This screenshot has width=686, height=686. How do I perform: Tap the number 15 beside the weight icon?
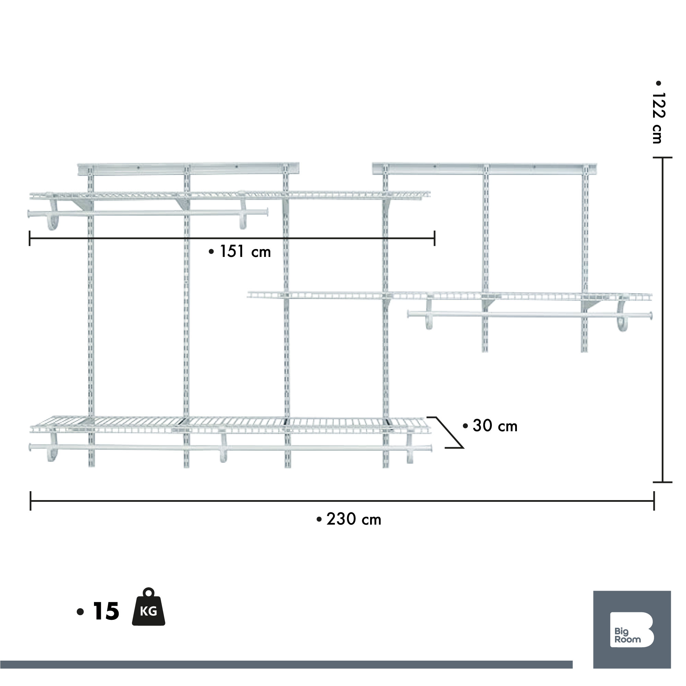106,612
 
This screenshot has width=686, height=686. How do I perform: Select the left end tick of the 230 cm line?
31,501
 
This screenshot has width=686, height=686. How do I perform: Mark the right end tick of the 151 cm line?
435,238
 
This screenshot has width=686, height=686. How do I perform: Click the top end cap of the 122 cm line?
663,158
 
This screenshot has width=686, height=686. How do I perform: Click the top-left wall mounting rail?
188,169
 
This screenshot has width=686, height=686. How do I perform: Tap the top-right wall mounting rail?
484,169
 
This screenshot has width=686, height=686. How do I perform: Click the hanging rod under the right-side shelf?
529,315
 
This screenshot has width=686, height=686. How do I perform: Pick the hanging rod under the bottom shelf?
231,448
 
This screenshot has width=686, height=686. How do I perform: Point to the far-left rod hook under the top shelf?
52,215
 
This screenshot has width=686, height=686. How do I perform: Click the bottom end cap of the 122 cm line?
663,482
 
